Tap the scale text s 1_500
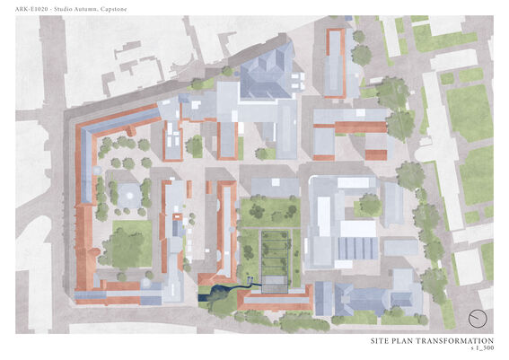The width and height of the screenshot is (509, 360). (482, 349)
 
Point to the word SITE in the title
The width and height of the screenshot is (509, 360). (381, 342)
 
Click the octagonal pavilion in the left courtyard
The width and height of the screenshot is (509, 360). (129, 192)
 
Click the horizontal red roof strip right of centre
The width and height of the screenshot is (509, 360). (350, 127)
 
